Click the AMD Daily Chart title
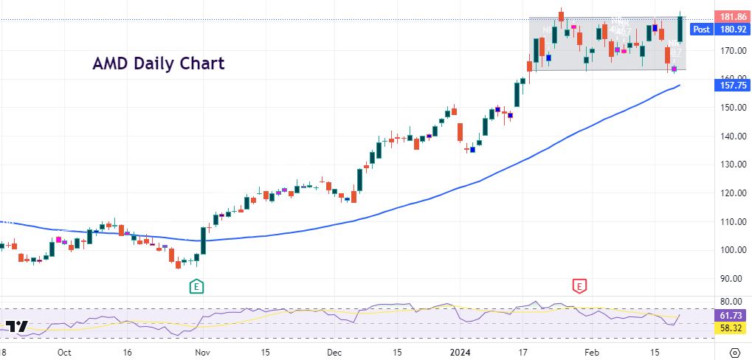coord(158,63)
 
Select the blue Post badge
coord(701,30)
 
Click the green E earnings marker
coord(196,285)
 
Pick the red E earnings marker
coord(579,285)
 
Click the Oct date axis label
coord(64,352)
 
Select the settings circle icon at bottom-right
coord(735,352)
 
